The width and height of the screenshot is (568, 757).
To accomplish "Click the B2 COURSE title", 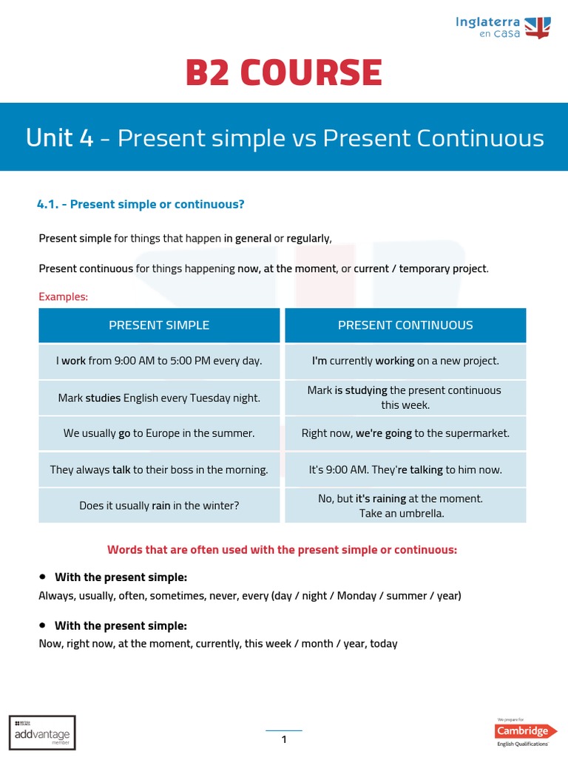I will click(284, 72).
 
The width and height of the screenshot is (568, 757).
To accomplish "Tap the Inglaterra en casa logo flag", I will click(538, 27).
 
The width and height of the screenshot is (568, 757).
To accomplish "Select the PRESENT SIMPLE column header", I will click(159, 325).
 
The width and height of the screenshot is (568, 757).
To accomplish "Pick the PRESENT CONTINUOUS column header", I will click(405, 325).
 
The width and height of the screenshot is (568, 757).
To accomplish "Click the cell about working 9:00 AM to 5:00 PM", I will click(159, 361).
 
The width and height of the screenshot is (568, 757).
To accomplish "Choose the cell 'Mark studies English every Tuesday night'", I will click(159, 398).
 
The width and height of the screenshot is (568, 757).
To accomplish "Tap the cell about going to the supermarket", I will click(405, 433).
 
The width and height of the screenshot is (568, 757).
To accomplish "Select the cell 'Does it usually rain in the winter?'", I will click(159, 506).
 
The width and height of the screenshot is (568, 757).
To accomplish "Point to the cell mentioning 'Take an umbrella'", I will click(405, 506).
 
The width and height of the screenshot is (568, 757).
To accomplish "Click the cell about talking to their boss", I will click(159, 469).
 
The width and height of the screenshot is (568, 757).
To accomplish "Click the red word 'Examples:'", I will click(63, 296).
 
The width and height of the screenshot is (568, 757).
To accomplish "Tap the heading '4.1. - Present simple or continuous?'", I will click(141, 204).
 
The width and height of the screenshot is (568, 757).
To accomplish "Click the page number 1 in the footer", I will click(284, 739).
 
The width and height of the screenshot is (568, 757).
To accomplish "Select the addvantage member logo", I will click(42, 732).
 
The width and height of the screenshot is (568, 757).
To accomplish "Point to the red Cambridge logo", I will click(527, 731).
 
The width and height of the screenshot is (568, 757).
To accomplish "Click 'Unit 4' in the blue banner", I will click(59, 138).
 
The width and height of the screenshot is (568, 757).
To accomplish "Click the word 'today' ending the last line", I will click(383, 644).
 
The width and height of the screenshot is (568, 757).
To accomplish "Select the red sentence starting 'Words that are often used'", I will click(283, 550).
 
